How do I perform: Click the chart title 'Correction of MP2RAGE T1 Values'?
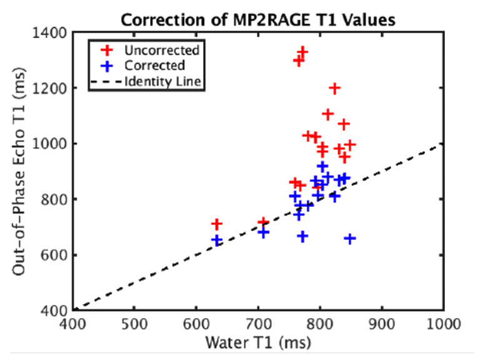257,19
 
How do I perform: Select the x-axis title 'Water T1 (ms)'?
257,343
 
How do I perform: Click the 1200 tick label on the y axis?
53,88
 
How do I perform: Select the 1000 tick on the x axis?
442,326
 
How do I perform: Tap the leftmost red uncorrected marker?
217,224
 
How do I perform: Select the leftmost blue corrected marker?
217,240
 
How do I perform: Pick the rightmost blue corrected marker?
350,239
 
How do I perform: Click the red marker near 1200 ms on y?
334,88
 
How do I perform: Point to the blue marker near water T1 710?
263,233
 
